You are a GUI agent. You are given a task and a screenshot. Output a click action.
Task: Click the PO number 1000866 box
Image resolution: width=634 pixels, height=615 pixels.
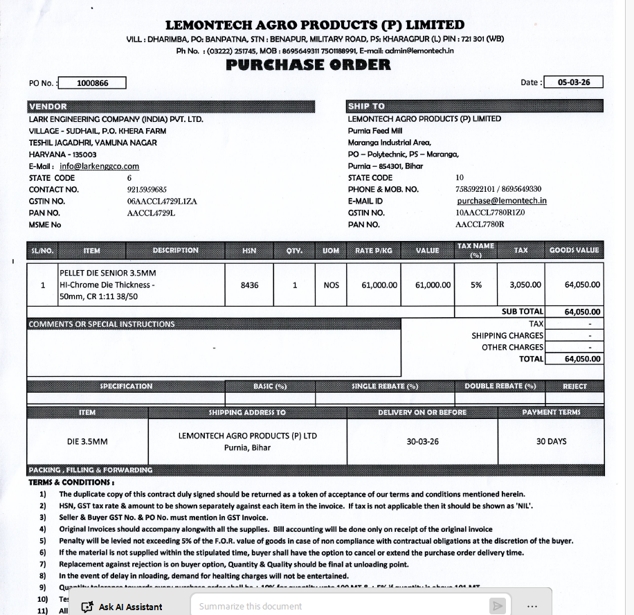click(93, 83)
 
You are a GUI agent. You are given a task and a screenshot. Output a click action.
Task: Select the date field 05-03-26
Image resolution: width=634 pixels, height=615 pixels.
click(574, 82)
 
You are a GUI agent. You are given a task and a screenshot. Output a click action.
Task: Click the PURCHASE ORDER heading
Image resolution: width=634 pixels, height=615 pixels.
click(308, 65)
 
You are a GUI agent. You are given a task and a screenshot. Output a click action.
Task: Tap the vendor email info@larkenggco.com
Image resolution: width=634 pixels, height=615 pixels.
click(99, 166)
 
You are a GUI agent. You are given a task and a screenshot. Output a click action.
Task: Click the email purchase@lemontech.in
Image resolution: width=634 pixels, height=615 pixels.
click(502, 201)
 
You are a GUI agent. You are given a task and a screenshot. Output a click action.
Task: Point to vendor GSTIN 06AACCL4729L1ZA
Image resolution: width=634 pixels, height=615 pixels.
click(162, 201)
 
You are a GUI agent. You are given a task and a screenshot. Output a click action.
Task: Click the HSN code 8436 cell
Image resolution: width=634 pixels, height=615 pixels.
click(249, 285)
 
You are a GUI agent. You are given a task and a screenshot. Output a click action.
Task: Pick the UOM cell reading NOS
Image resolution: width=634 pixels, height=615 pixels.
click(332, 285)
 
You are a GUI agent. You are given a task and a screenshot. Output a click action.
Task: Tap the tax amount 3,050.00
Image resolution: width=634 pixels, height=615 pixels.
click(525, 285)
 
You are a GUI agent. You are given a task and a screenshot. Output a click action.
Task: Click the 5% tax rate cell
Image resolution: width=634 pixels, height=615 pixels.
click(476, 285)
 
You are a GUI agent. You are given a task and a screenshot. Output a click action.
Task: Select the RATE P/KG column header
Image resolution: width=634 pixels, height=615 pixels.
click(374, 251)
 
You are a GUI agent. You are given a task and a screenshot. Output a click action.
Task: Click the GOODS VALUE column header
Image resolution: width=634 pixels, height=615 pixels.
click(574, 251)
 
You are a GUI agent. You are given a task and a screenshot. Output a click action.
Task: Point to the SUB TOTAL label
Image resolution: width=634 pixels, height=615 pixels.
click(523, 312)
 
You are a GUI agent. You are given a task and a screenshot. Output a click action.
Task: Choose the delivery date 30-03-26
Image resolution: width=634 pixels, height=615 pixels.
click(422, 441)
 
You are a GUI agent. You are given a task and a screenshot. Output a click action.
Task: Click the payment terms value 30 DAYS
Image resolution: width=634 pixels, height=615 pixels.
click(551, 441)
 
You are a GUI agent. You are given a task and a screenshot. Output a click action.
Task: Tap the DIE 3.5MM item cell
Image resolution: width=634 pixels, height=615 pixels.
click(87, 441)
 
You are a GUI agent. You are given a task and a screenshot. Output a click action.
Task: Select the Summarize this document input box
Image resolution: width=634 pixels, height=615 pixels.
click(339, 607)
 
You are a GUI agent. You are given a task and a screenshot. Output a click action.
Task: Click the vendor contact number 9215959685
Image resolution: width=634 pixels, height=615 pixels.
click(147, 189)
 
